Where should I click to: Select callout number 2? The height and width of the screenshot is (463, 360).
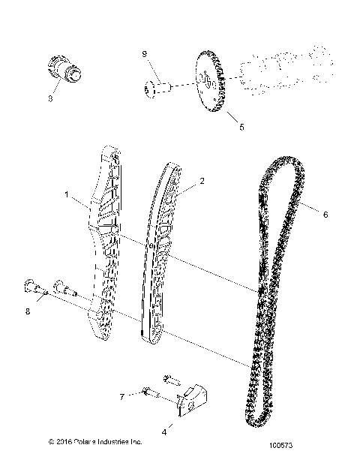(x=181, y=181)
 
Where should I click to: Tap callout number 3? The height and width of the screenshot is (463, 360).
(x=52, y=98)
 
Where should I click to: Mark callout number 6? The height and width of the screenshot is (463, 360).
(x=325, y=215)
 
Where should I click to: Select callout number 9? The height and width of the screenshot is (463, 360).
(x=145, y=53)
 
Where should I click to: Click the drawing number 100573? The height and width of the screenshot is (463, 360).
(x=307, y=444)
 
